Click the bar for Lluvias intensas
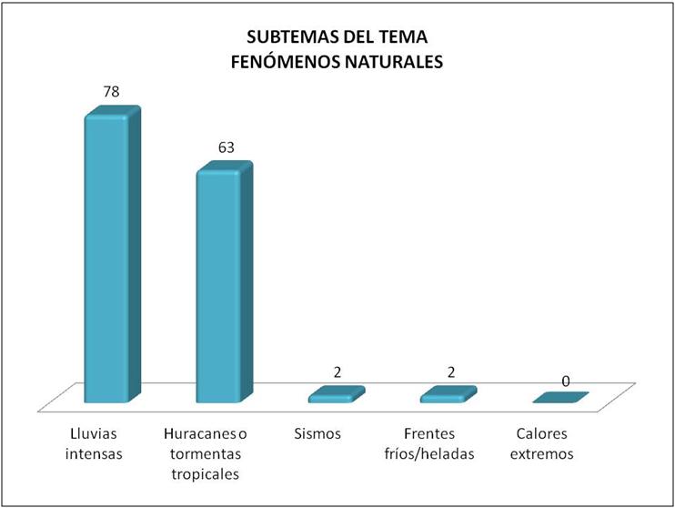point(107,259)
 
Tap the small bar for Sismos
point(336,395)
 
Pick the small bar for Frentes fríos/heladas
point(448,395)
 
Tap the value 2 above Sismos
point(337,372)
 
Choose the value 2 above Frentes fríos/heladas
point(450,372)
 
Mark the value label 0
point(565,381)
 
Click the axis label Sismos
point(317,433)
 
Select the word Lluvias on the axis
point(92,433)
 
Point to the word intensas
point(96,453)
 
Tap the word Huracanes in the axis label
point(194,433)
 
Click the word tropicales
point(206,473)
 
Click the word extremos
point(544,453)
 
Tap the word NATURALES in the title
point(395,62)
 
